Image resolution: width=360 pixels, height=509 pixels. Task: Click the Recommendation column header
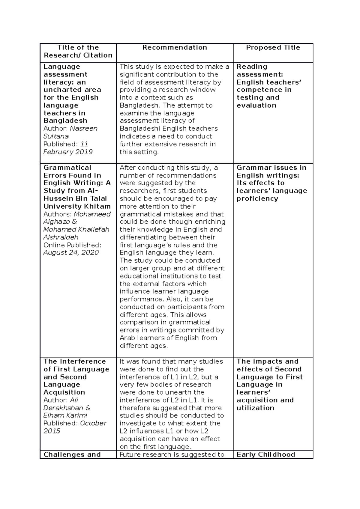click(175, 47)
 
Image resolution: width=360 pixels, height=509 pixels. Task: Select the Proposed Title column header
click(273, 47)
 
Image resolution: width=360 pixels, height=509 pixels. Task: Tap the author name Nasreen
click(84, 128)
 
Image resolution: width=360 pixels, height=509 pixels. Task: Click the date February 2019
click(68, 152)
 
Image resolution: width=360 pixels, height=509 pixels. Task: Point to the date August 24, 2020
click(71, 252)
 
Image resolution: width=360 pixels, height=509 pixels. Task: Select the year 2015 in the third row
click(52, 431)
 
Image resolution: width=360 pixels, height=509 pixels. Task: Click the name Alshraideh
click(61, 237)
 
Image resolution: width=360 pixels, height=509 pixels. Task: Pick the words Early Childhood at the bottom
click(266, 454)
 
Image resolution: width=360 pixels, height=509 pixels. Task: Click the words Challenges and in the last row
click(72, 454)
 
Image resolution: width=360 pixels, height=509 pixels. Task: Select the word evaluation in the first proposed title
click(256, 105)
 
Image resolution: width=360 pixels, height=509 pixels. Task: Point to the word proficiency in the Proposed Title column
click(257, 198)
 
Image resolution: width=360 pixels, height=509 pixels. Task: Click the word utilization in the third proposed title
click(255, 408)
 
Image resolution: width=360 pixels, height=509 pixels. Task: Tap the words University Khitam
click(77, 206)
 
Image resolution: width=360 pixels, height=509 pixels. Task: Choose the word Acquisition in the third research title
click(64, 392)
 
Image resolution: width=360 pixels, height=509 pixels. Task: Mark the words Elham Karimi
click(65, 415)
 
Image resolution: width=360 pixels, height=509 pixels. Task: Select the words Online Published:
click(72, 245)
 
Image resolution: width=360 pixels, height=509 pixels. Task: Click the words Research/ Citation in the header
click(78, 55)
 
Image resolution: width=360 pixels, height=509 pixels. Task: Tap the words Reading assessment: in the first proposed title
click(260, 70)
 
